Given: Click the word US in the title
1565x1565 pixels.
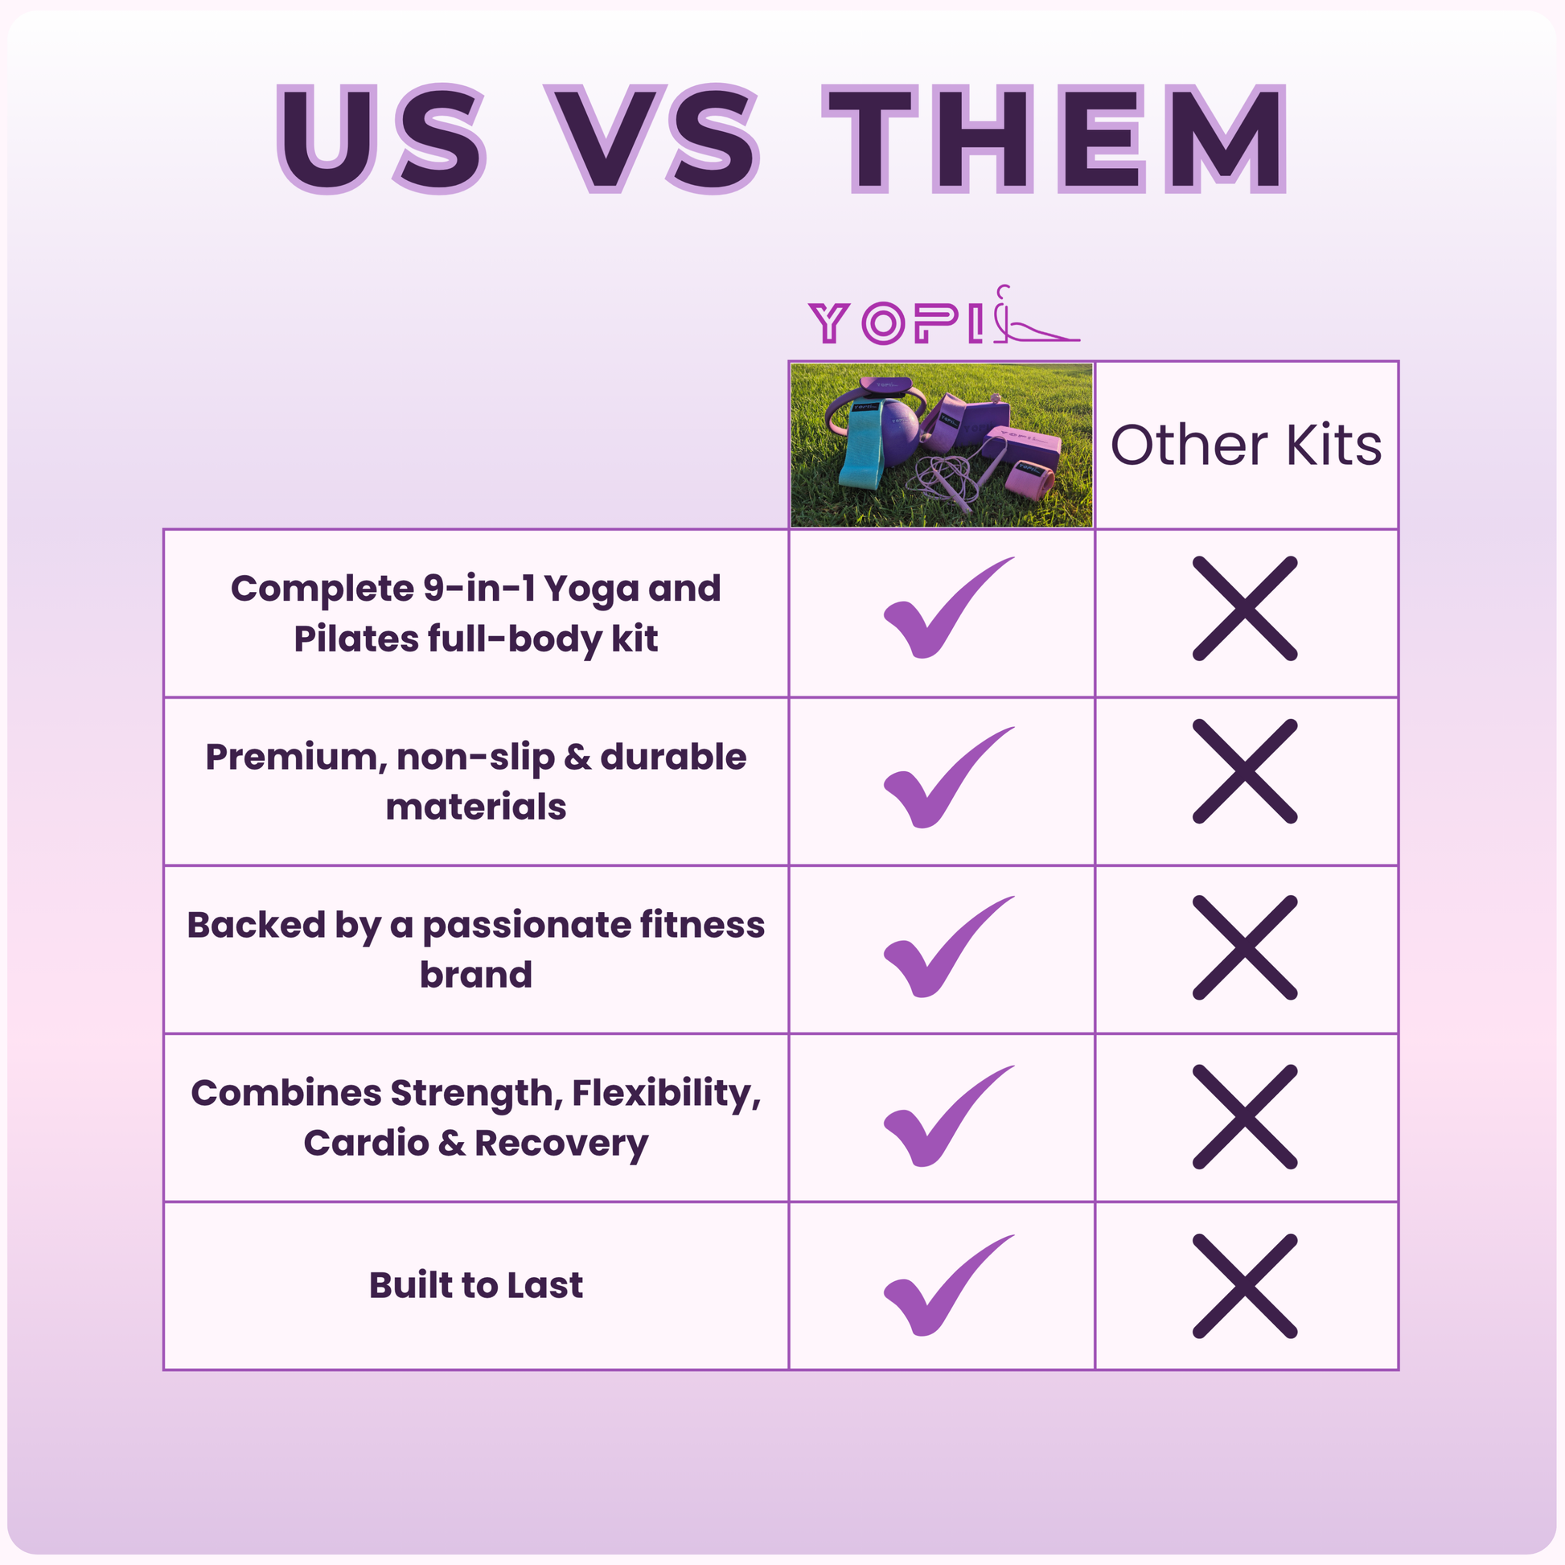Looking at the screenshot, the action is click(x=381, y=139).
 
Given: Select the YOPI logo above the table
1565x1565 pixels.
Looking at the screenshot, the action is click(x=943, y=315).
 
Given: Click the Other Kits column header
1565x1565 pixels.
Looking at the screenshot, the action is click(x=1246, y=445).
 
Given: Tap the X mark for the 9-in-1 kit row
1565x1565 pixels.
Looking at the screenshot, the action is click(x=1245, y=608).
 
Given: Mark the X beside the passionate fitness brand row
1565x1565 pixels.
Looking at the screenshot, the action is click(x=1245, y=947).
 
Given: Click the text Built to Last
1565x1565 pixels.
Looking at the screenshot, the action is click(x=476, y=1285).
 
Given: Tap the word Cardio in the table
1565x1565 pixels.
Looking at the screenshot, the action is click(x=366, y=1143).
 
